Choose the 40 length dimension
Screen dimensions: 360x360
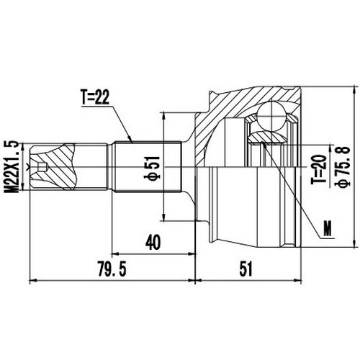150,243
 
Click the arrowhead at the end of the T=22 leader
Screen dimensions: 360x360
132,141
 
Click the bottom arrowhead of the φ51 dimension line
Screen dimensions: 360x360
166,220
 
